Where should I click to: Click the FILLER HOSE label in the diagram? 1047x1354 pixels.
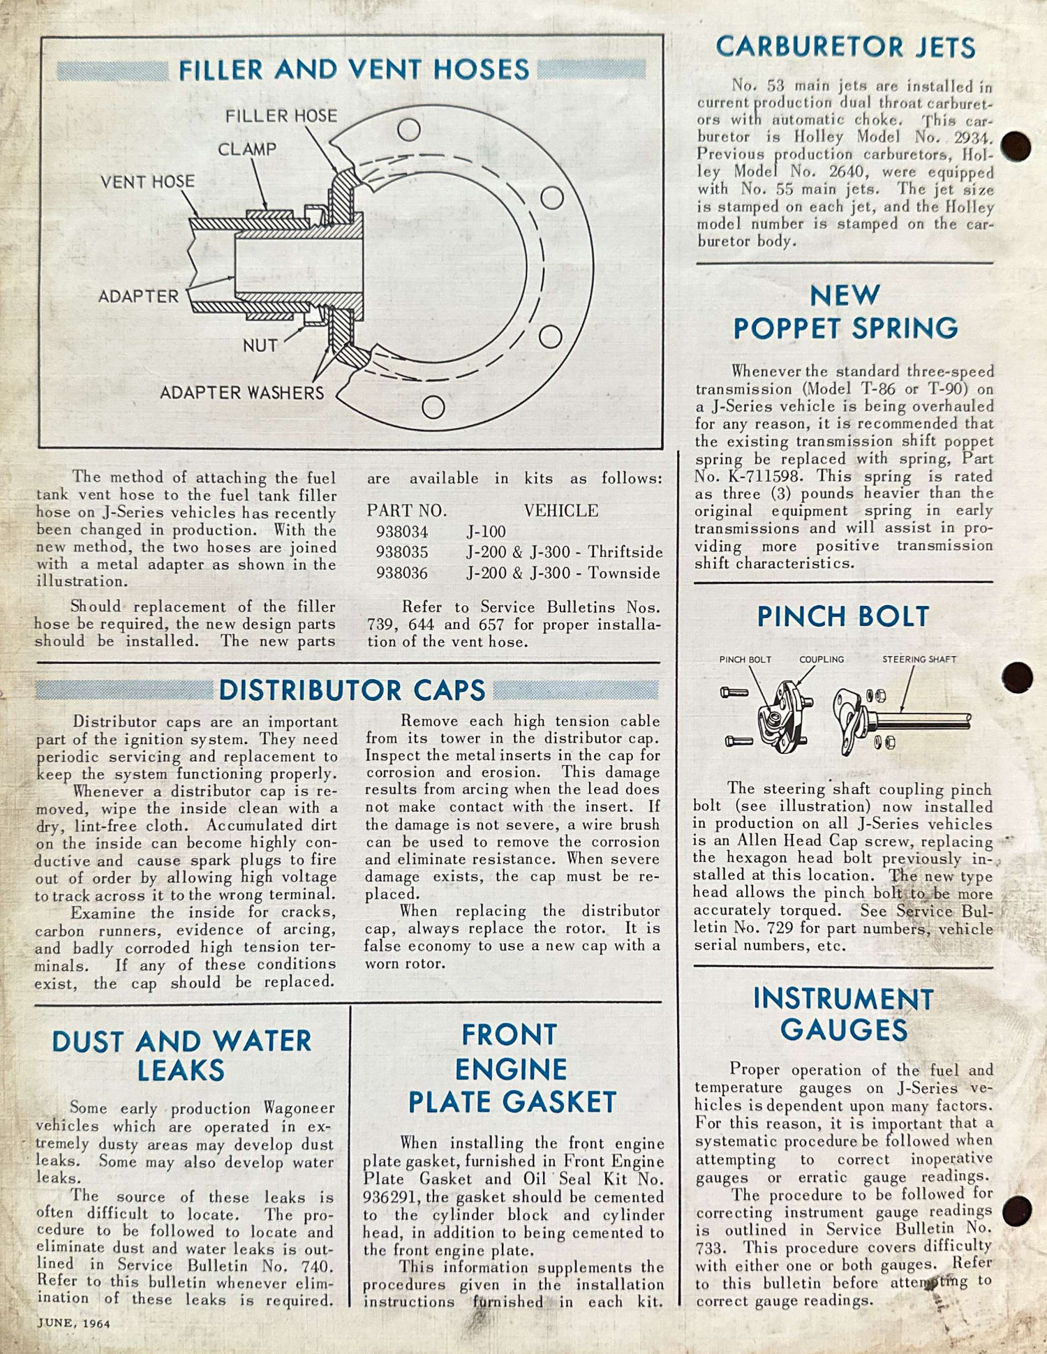281,116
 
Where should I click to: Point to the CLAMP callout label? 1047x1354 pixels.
247,149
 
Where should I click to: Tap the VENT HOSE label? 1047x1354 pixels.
147,182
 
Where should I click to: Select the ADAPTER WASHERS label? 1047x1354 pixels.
242,393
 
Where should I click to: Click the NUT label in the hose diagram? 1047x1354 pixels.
260,345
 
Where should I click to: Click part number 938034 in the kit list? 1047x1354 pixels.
402,532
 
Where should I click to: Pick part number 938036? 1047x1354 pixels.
402,573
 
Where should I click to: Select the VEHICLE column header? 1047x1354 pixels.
561,511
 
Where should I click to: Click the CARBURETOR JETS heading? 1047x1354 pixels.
845,47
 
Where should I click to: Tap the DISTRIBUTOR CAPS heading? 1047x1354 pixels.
352,690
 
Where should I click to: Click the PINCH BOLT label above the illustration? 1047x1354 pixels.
745,660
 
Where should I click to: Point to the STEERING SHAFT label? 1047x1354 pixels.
919,660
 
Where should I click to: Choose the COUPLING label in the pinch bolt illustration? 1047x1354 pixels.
822,660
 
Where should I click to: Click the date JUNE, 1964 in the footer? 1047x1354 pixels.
74,1323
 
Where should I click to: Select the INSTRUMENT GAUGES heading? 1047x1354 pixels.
844,1014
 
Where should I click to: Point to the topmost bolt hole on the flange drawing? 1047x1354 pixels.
408,130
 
